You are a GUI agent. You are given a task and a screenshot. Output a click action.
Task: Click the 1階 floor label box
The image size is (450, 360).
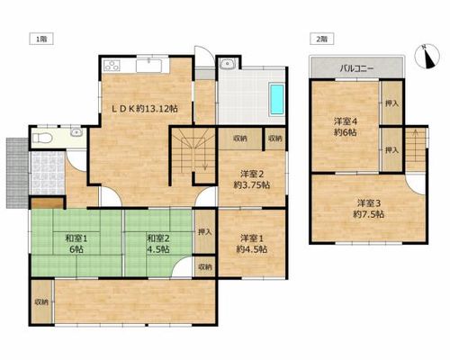(41, 39)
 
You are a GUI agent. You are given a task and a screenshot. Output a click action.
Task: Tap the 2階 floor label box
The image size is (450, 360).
(321, 39)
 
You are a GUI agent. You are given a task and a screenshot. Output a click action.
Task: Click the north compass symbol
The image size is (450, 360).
(427, 57)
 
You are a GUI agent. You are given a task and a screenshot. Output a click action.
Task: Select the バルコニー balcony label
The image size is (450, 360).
(356, 68)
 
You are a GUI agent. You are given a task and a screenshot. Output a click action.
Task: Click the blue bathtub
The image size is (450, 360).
(277, 99)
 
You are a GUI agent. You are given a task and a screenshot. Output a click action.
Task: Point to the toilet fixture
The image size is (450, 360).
(42, 139)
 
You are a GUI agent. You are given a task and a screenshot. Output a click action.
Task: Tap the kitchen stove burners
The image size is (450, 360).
(112, 66)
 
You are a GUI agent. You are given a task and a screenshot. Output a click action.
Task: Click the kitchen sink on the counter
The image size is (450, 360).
(148, 66)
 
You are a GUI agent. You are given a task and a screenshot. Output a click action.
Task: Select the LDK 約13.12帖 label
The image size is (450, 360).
(145, 109)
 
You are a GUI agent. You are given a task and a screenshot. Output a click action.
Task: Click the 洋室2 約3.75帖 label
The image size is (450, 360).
(252, 179)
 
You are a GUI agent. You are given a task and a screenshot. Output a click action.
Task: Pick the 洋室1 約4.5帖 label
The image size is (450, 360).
(252, 244)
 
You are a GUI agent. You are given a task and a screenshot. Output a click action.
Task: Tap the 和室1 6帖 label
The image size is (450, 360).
(76, 244)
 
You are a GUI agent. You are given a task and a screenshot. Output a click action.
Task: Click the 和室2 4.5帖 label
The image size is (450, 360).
(158, 244)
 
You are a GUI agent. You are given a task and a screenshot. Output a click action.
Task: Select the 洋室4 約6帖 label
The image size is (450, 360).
(346, 127)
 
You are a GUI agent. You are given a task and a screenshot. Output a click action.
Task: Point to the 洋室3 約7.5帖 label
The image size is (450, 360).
(369, 209)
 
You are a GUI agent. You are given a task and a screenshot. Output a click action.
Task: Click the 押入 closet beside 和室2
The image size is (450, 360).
(205, 231)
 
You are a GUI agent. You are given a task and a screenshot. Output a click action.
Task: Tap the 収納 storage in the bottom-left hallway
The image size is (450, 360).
(41, 301)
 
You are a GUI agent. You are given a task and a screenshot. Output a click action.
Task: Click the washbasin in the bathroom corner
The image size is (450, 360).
(227, 64)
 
